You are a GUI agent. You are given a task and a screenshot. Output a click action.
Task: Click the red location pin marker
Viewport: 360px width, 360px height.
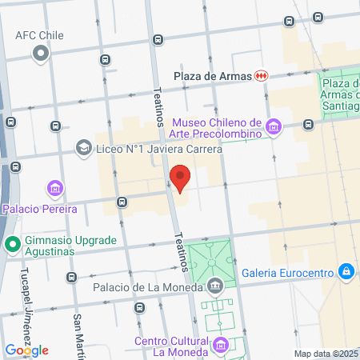pyautogui.click(x=181, y=178)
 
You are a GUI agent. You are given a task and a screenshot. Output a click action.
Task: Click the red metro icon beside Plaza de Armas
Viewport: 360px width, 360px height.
pyautogui.click(x=262, y=76)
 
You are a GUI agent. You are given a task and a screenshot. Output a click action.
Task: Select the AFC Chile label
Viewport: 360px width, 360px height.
pyautogui.click(x=39, y=36)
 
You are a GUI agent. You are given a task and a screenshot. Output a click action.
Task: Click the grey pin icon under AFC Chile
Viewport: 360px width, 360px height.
pyautogui.click(x=41, y=54)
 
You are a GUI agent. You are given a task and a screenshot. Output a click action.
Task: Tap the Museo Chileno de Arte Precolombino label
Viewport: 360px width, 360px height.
pyautogui.click(x=218, y=127)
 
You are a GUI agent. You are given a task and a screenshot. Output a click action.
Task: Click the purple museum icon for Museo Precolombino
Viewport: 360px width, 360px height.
pyautogui.click(x=274, y=126)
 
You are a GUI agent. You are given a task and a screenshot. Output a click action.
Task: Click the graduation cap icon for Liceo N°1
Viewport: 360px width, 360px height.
pyautogui.click(x=83, y=148)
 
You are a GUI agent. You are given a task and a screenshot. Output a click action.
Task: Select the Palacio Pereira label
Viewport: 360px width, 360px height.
pyautogui.click(x=39, y=209)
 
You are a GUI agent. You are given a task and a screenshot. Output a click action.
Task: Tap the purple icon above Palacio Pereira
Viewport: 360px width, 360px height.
pyautogui.click(x=55, y=190)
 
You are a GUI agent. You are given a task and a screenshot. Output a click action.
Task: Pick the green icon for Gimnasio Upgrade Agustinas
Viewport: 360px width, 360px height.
pyautogui.click(x=11, y=245)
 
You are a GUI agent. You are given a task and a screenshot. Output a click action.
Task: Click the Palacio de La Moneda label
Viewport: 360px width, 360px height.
pyautogui.click(x=148, y=286)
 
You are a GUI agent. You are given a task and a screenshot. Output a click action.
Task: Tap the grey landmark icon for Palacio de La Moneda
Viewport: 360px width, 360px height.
pyautogui.click(x=214, y=286)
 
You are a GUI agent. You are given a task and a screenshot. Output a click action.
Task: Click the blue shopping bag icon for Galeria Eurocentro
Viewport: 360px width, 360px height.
pyautogui.click(x=346, y=273)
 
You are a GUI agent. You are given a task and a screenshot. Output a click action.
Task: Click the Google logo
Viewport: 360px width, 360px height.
pyautogui.click(x=26, y=350)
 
